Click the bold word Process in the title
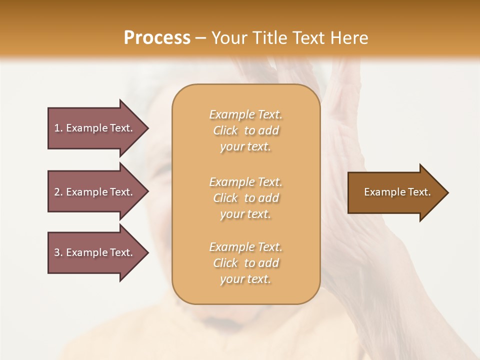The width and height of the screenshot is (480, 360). tap(157, 38)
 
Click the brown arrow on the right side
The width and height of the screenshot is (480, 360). tap(395, 192)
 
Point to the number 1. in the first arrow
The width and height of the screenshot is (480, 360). tap(58, 128)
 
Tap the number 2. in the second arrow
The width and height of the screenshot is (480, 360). tap(58, 192)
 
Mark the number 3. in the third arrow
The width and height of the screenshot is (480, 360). tap(58, 252)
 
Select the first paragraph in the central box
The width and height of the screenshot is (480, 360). tap(245, 130)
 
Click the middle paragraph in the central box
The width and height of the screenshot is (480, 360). tap(245, 198)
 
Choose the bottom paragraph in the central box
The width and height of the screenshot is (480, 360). tap(245, 263)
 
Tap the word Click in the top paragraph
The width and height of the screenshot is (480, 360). tap(225, 130)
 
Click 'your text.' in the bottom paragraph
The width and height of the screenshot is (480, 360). tap(245, 279)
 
